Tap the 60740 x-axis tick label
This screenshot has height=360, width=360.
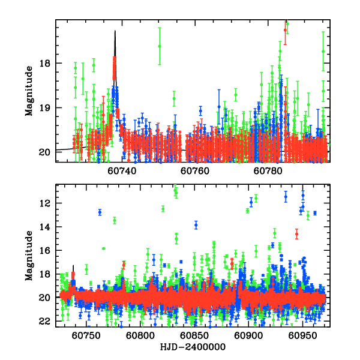point(122,170)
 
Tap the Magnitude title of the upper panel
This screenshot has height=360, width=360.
point(28,91)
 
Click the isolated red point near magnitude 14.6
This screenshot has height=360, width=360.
point(296,234)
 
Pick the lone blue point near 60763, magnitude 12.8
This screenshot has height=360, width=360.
point(100,212)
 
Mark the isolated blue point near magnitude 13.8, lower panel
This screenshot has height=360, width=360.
point(196,225)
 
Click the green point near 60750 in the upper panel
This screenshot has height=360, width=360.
point(160,46)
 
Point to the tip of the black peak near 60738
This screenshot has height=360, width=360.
point(115,31)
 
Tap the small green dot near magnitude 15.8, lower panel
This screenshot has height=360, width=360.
point(104,248)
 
